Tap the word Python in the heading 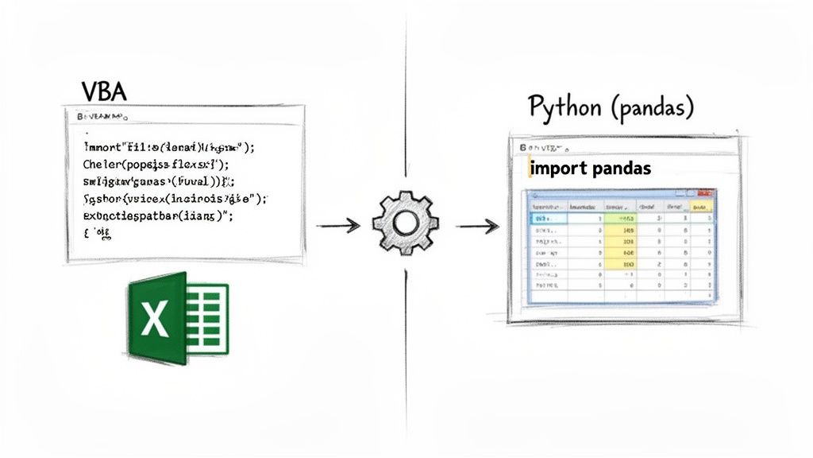(564, 107)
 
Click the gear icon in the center (406, 223)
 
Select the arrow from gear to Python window (477, 227)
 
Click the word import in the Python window (555, 169)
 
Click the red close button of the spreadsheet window (706, 194)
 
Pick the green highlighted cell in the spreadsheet (619, 218)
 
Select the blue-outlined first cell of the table (548, 218)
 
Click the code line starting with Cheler (156, 165)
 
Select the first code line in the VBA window (171, 147)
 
